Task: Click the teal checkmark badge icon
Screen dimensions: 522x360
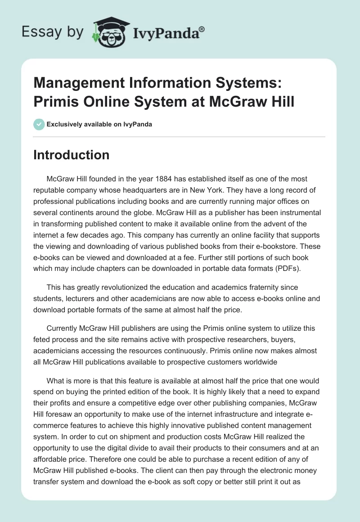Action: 39,124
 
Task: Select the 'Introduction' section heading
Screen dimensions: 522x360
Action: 72,155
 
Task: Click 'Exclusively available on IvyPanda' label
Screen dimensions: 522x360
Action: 99,125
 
